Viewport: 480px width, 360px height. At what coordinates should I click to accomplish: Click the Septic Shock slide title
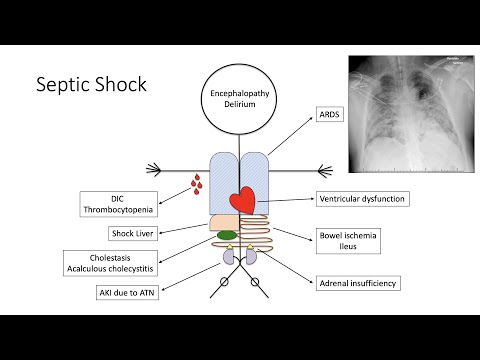tap(91, 84)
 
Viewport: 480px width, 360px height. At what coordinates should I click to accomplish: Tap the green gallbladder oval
tap(227, 235)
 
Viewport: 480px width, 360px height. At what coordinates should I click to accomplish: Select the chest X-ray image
tap(409, 115)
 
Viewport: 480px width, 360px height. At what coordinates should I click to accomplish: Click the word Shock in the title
tap(119, 84)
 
